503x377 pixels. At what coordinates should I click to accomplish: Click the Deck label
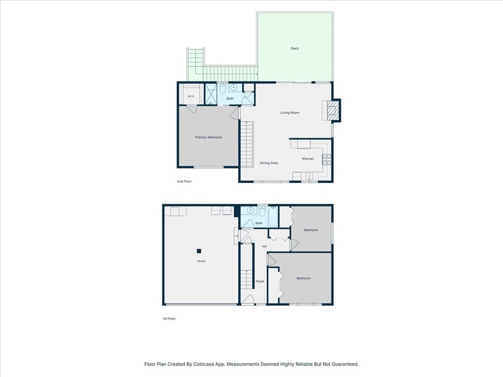click(x=295, y=49)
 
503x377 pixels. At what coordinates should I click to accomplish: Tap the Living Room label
click(x=290, y=112)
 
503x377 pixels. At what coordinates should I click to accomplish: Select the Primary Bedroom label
click(x=208, y=137)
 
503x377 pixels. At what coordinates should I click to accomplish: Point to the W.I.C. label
click(x=191, y=96)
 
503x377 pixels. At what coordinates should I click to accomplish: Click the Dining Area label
click(x=269, y=163)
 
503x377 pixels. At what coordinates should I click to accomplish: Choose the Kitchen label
click(x=308, y=159)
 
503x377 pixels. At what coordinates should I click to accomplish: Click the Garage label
click(x=201, y=261)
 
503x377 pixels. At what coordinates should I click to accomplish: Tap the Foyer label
click(x=260, y=281)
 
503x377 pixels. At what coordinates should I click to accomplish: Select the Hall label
click(x=264, y=246)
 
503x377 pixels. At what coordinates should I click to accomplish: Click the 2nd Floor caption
click(x=184, y=182)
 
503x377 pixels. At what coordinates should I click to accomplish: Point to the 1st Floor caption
click(x=169, y=319)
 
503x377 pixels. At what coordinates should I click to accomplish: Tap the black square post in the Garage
click(x=199, y=251)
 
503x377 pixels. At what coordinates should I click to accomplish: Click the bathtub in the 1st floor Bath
click(x=273, y=216)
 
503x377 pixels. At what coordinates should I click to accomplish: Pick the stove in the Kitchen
click(x=327, y=160)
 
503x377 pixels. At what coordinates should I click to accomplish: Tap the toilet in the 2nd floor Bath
click(x=223, y=88)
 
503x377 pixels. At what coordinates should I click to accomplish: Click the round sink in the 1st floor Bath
click(x=251, y=210)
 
